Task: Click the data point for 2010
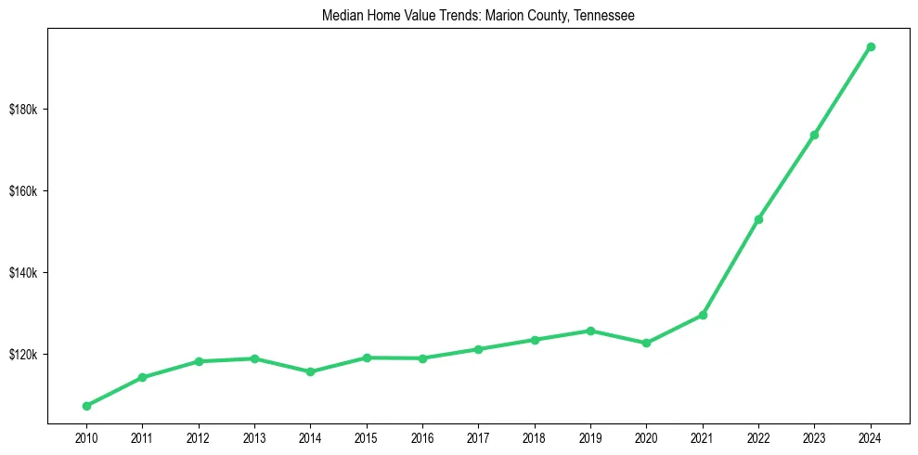(x=86, y=406)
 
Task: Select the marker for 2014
(x=310, y=371)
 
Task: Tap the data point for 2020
(x=646, y=343)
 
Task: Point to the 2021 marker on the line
(x=703, y=315)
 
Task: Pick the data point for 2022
(x=758, y=219)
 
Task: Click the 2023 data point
(x=814, y=135)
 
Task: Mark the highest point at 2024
(x=871, y=46)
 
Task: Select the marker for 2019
(x=590, y=331)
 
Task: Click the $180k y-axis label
(x=23, y=110)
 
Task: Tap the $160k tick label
(x=23, y=191)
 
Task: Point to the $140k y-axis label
(x=23, y=273)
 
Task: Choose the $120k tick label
(x=23, y=355)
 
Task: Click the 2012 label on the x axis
(x=198, y=437)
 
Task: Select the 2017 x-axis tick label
(x=478, y=437)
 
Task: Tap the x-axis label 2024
(x=871, y=437)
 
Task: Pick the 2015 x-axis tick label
(x=366, y=437)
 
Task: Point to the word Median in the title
(x=341, y=16)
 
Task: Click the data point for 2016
(x=422, y=358)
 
